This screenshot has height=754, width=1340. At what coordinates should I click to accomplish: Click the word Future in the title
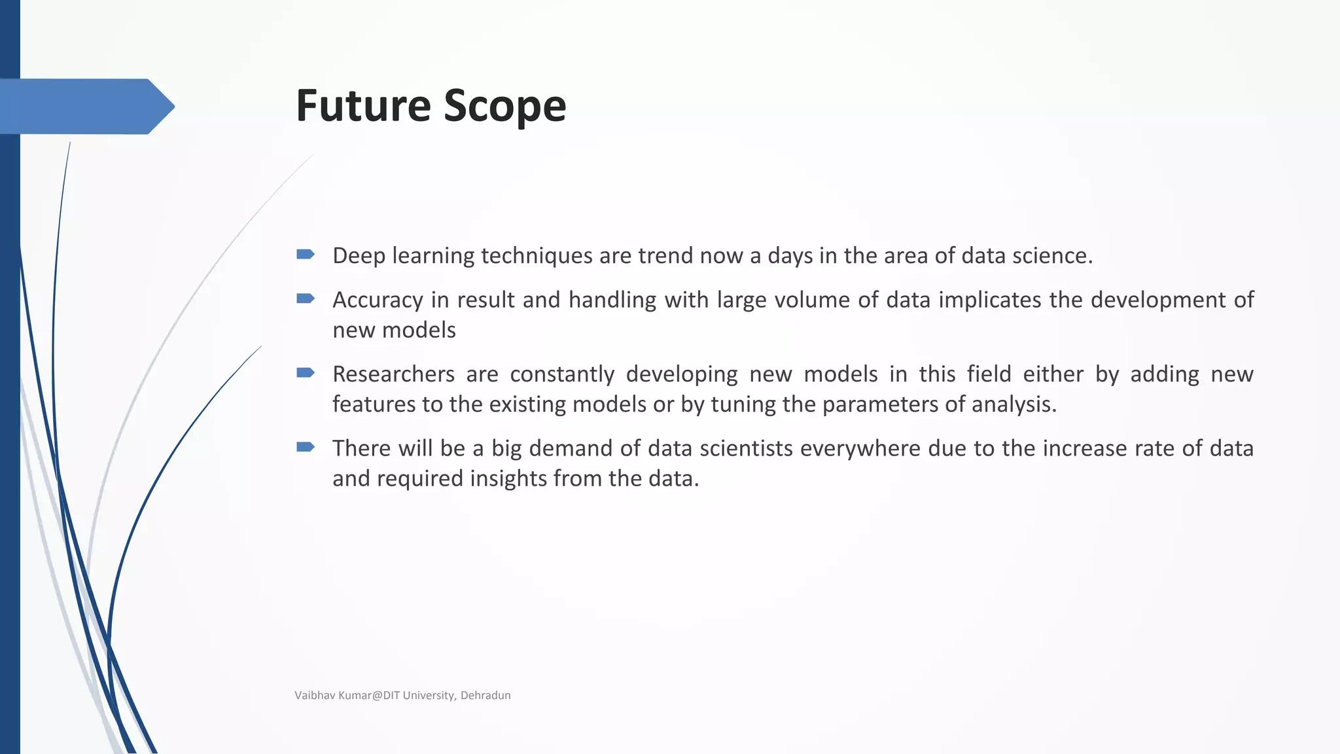(x=363, y=105)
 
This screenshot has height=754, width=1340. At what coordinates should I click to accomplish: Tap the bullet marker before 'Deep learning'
(x=306, y=254)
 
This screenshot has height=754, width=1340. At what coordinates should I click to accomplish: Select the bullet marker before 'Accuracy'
(x=306, y=298)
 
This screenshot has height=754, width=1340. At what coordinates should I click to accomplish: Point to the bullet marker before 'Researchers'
(x=306, y=373)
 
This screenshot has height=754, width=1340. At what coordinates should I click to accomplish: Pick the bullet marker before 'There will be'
(x=306, y=447)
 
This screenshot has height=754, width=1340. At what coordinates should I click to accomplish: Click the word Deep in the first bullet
(x=359, y=255)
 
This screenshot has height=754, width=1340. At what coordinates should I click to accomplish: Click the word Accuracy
(x=378, y=300)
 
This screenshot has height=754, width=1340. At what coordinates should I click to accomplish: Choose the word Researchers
(x=393, y=374)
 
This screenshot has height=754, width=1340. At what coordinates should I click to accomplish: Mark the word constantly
(x=562, y=374)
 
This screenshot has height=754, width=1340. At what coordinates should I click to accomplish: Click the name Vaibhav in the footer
(x=315, y=695)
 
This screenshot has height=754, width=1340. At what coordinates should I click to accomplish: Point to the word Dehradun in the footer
(x=485, y=695)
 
